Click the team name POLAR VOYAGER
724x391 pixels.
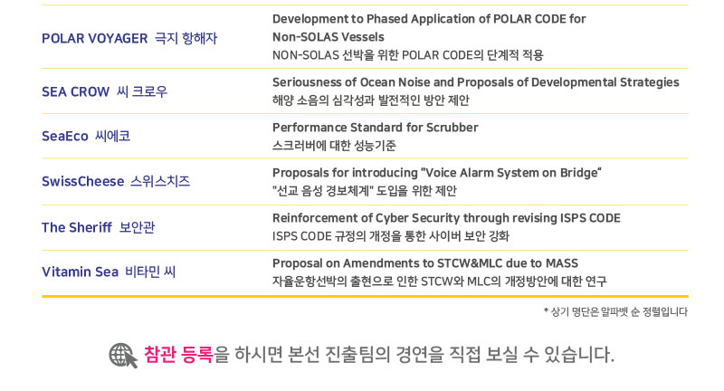(95, 38)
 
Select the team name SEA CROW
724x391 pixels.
(76, 91)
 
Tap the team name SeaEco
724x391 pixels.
(65, 136)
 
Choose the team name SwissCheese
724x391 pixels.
(83, 181)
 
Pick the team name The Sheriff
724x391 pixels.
(77, 227)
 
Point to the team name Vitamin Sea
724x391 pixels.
(81, 272)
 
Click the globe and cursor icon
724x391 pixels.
(123, 356)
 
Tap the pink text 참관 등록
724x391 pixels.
(178, 355)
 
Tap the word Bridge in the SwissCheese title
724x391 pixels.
(579, 173)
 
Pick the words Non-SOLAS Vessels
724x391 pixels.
(329, 37)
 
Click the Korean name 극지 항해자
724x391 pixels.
(186, 38)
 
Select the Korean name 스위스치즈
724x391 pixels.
(160, 181)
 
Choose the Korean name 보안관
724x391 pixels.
(138, 227)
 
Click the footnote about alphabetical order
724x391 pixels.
(616, 312)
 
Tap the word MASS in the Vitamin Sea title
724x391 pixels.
(562, 263)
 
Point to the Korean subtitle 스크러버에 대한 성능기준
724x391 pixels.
(334, 146)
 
